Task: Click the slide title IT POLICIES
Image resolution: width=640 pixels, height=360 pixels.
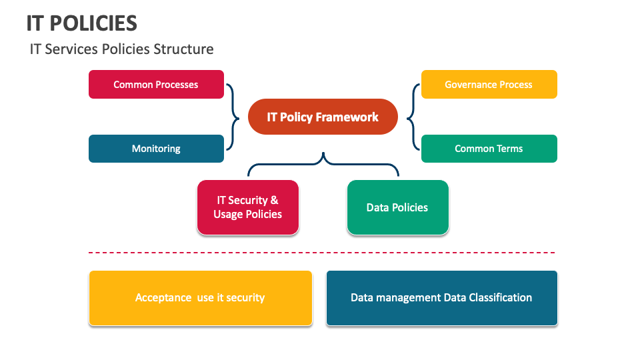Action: click(x=82, y=23)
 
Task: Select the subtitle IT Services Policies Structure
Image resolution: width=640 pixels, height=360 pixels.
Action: click(x=121, y=49)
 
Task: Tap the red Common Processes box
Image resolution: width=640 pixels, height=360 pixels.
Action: click(x=156, y=85)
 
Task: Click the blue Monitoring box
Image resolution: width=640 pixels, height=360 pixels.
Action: click(x=156, y=149)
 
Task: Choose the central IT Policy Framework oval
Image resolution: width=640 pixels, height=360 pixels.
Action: click(x=323, y=117)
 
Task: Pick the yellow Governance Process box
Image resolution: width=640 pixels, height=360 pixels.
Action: click(x=489, y=85)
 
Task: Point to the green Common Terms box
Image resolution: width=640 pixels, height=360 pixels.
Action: click(x=489, y=149)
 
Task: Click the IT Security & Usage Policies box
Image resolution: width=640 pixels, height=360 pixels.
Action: click(x=247, y=207)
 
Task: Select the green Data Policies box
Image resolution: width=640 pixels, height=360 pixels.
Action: click(x=397, y=207)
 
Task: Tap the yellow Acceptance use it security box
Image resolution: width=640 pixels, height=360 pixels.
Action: click(x=200, y=298)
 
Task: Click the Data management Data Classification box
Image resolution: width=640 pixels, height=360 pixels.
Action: click(x=441, y=298)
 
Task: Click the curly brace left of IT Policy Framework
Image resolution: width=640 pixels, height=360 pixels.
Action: click(x=233, y=117)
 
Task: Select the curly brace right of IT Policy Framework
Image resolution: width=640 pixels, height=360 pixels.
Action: click(x=412, y=117)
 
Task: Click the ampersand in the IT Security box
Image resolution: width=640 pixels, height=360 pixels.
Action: click(x=274, y=200)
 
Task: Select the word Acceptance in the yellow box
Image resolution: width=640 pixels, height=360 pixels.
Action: click(x=163, y=298)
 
